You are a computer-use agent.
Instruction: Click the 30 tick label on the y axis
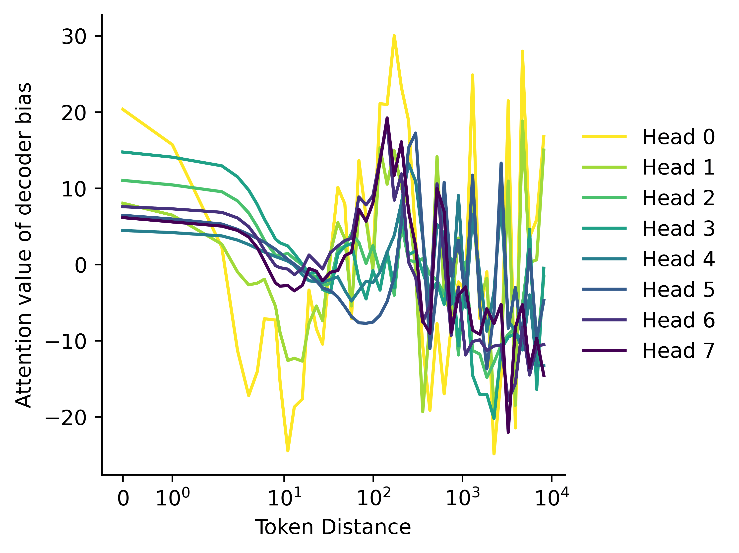click(74, 36)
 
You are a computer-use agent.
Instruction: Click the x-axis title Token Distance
click(333, 528)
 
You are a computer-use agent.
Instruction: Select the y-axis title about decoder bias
click(24, 245)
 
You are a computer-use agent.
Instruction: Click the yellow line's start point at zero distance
click(123, 109)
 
